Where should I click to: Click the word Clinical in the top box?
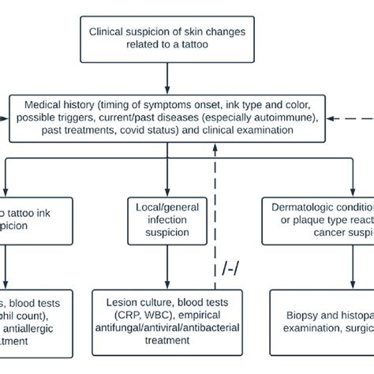[x=108, y=34]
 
